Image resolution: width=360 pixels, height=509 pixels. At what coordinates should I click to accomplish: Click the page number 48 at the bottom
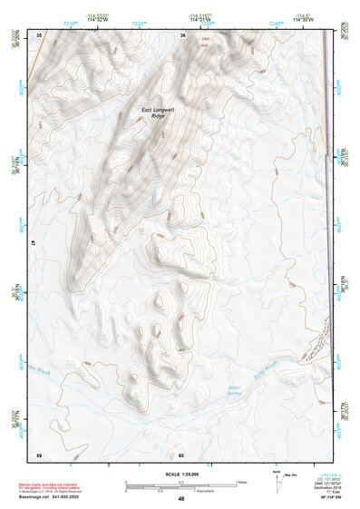(180, 499)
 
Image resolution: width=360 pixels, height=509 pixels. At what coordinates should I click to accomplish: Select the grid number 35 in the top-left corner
(39, 34)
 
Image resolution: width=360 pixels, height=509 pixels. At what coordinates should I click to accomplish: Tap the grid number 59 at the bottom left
(39, 455)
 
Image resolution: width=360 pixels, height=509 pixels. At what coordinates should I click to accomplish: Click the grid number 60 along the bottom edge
(181, 455)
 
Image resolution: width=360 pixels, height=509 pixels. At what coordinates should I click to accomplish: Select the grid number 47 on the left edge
(32, 243)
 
